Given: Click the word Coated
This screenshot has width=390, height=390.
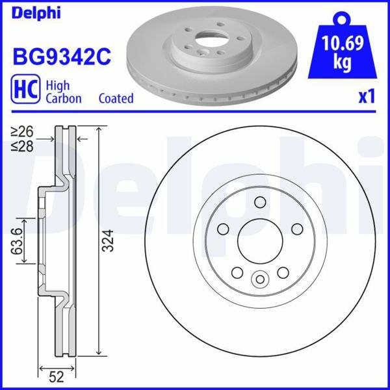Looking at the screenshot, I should pyautogui.click(x=116, y=99).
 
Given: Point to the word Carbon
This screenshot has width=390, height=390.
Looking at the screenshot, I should pyautogui.click(x=63, y=99).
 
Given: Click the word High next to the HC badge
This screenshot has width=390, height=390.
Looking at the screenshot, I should pyautogui.click(x=57, y=86).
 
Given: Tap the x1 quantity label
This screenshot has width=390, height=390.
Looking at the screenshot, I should pyautogui.click(x=367, y=97).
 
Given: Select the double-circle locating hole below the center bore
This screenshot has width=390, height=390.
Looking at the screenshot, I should pyautogui.click(x=259, y=280).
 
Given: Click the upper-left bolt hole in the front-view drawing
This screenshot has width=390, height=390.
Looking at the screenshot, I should pyautogui.click(x=221, y=229).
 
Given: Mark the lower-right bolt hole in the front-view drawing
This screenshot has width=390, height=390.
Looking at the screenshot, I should pyautogui.click(x=283, y=274).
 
